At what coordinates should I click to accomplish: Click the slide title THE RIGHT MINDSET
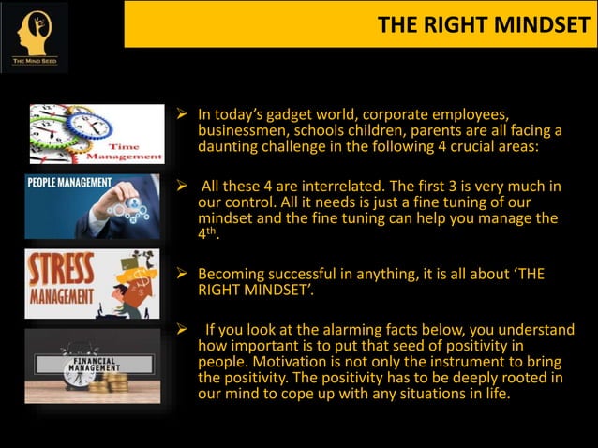pyautogui.click(x=483, y=24)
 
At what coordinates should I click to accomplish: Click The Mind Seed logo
pyautogui.click(x=34, y=37)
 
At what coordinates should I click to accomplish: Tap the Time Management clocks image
pyautogui.click(x=97, y=133)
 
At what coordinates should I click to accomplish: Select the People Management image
pyautogui.click(x=92, y=206)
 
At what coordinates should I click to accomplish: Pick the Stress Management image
pyautogui.click(x=92, y=284)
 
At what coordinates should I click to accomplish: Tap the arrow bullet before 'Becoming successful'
pyautogui.click(x=183, y=275)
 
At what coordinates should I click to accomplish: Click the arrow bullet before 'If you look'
pyautogui.click(x=183, y=329)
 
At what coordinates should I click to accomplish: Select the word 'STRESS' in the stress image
pyautogui.click(x=62, y=269)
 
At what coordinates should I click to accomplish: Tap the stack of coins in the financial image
pyautogui.click(x=118, y=381)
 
